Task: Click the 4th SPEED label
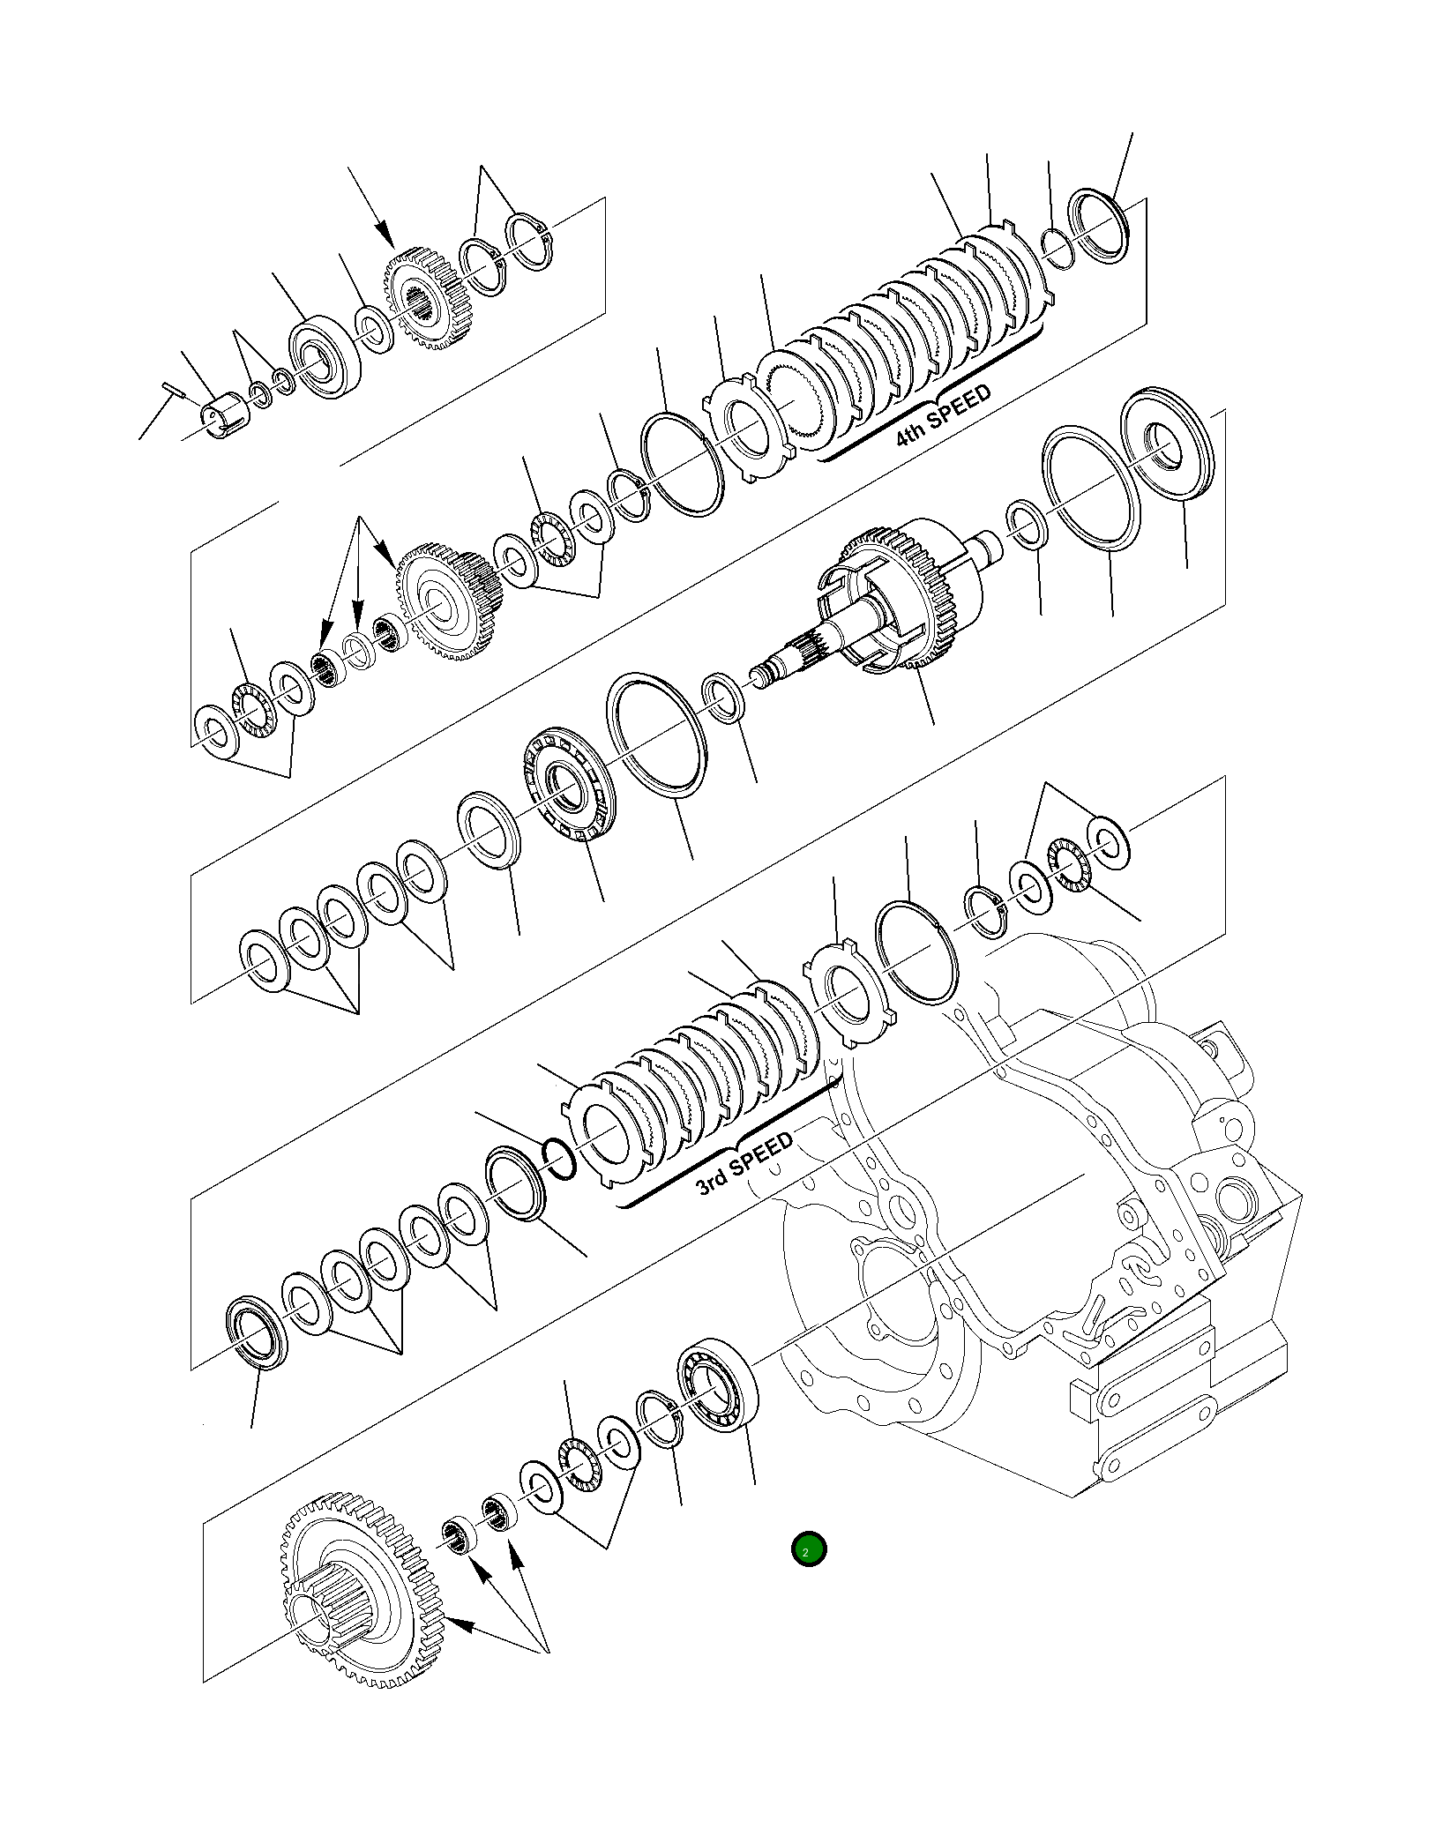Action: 943,414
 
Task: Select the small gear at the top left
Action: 428,297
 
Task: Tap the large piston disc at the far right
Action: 1166,445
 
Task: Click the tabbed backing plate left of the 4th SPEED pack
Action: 747,429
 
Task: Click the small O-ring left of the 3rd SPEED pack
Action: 557,1158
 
